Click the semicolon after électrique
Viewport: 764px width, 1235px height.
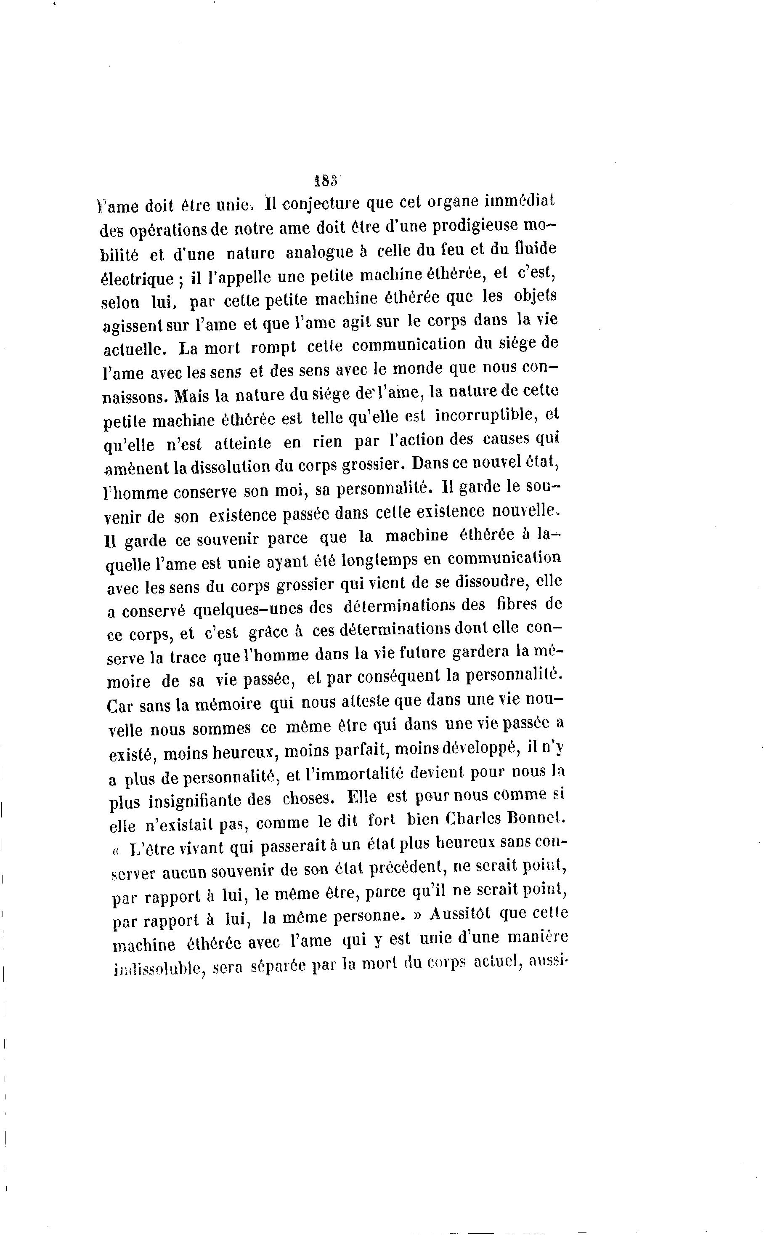(180, 279)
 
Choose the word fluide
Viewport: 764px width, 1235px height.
(530, 249)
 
